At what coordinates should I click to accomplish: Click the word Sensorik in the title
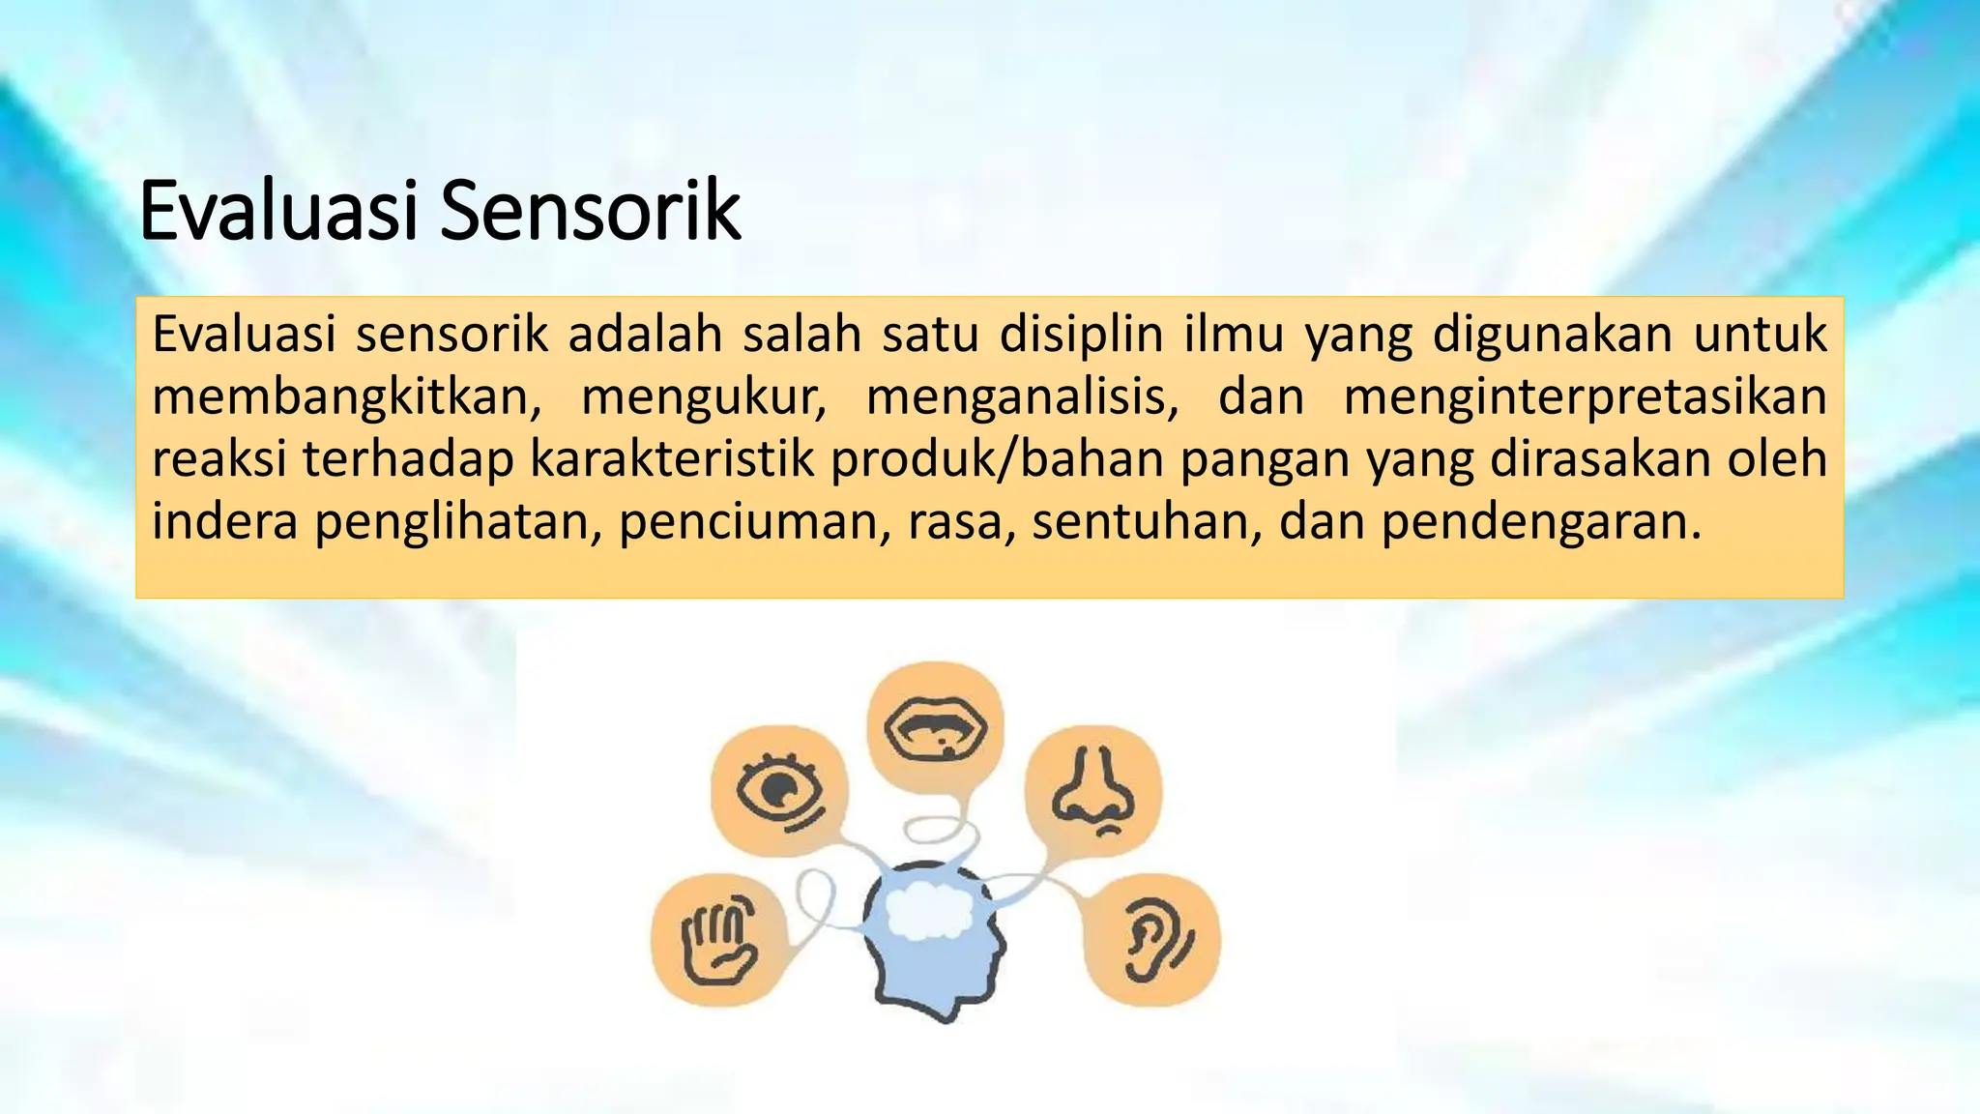tap(590, 210)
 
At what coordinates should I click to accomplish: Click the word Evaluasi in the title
tap(278, 210)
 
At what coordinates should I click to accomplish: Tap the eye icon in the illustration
tap(779, 791)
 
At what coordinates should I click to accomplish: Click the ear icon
tap(1152, 938)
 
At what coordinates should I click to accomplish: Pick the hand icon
tap(718, 938)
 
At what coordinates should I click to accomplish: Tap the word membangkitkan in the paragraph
tap(347, 397)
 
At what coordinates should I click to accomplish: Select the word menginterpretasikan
tap(1586, 397)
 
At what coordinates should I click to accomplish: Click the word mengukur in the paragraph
tap(704, 397)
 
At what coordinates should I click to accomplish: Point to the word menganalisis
tap(1023, 397)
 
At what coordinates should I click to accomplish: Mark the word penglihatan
tap(452, 521)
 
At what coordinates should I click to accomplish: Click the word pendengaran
tap(1540, 521)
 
